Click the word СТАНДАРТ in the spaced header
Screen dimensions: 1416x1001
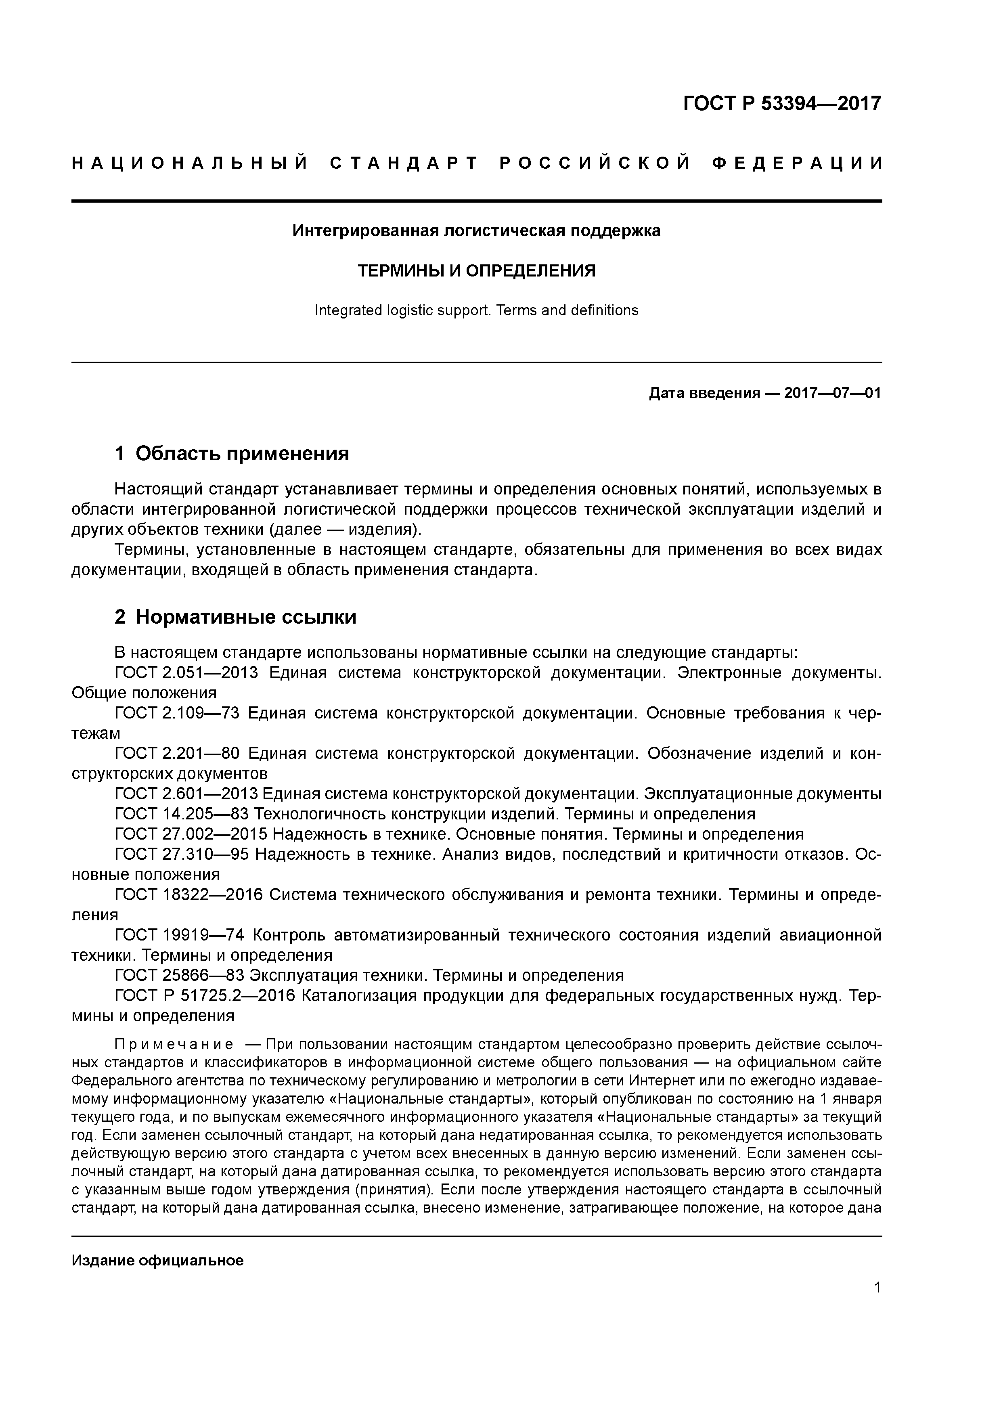coord(404,163)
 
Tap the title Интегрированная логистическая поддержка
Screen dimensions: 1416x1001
coord(476,230)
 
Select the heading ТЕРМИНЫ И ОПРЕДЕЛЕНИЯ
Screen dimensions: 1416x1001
coord(477,271)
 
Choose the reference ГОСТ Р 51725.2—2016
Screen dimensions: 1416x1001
coord(207,996)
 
